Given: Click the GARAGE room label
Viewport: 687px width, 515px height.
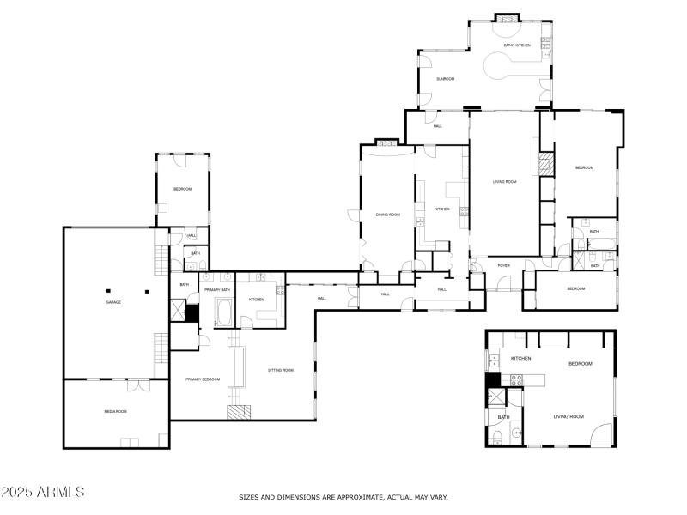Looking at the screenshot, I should point(112,302).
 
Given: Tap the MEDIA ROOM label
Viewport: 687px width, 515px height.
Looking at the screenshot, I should point(116,412).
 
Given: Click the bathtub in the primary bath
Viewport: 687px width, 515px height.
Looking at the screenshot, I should point(223,312).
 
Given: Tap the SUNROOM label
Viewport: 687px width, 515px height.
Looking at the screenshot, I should point(445,79).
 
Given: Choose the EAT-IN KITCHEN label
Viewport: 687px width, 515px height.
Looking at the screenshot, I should point(517,45).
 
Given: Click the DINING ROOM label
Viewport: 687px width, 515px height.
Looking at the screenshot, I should point(388,215).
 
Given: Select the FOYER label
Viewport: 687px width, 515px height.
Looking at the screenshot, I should point(503,265).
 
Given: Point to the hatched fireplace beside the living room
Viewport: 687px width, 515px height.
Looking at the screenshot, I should point(544,164).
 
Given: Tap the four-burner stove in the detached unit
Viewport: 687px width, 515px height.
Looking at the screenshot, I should point(516,379).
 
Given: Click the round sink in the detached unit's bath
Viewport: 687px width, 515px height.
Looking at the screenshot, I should point(516,433).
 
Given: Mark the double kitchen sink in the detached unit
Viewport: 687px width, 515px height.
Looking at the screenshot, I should point(494,360).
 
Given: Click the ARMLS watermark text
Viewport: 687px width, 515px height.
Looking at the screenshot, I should point(43,493).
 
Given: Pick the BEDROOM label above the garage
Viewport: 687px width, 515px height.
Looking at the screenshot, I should point(182,189).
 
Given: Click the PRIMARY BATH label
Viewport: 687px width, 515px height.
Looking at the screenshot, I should point(216,290).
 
